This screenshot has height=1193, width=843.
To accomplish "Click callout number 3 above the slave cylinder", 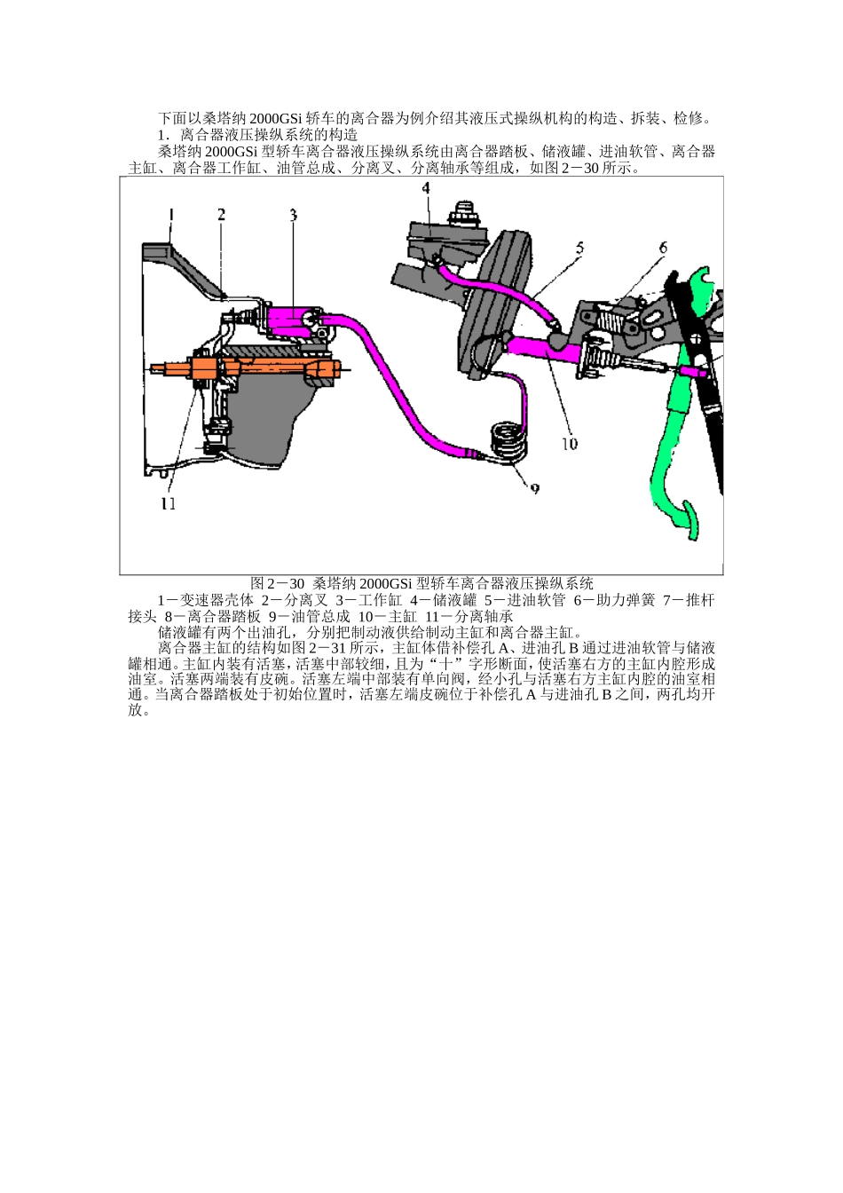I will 293,215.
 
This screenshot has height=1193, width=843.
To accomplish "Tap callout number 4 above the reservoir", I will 425,188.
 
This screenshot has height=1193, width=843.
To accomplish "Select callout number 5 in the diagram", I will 579,249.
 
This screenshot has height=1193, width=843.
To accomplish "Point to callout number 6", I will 662,249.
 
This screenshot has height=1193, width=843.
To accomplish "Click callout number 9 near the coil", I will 534,487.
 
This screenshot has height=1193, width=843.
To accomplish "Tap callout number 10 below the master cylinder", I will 569,443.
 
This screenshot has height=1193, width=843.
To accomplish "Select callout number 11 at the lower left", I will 168,503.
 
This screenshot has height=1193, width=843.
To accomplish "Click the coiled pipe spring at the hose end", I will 509,441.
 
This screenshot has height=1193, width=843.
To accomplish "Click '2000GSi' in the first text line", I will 276,118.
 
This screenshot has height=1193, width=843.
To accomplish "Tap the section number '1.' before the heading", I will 163,135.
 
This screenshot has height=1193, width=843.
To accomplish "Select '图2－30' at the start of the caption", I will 277,583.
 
